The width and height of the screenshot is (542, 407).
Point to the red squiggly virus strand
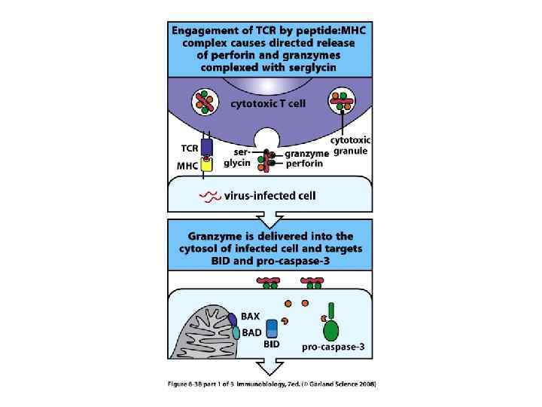209,197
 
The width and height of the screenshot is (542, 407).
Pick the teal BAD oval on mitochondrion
236,332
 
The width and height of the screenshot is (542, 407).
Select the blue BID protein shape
273,328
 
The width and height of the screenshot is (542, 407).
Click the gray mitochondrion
203,335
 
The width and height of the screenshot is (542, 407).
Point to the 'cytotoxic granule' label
351,145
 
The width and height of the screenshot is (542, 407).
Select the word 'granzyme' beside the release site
308,154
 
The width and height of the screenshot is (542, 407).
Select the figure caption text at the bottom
271,384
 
